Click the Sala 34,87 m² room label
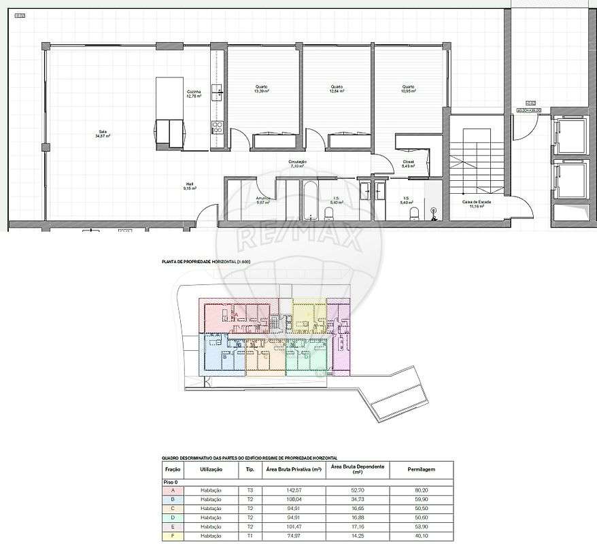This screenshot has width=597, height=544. click(x=103, y=134)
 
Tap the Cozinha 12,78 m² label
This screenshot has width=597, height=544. click(x=194, y=94)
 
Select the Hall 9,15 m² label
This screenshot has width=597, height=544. click(x=190, y=186)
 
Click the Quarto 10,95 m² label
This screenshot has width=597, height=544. click(x=408, y=88)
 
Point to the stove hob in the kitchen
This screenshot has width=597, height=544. click(x=219, y=126)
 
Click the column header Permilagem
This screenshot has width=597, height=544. click(x=421, y=469)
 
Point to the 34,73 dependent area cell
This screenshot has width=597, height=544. click(x=357, y=499)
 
